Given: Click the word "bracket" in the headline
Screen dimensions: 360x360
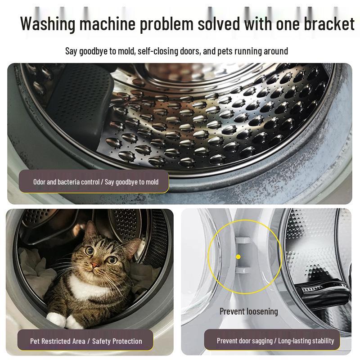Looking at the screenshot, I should pyautogui.click(x=323, y=23).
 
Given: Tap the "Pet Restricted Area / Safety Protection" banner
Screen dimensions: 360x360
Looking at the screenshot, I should pyautogui.click(x=86, y=341).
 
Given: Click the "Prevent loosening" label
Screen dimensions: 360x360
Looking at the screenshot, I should pyautogui.click(x=248, y=311).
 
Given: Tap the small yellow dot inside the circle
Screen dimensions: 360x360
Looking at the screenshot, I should pyautogui.click(x=238, y=256).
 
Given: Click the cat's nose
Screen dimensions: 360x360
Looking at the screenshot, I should pyautogui.click(x=95, y=266).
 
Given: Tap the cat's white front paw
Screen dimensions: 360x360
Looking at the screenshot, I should pyautogui.click(x=56, y=319).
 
